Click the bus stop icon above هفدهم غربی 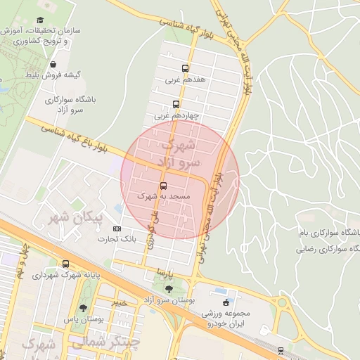[x=185, y=69]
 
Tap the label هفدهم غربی [x=185, y=81]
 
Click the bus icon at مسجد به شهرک [x=163, y=186]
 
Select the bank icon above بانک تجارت [x=117, y=229]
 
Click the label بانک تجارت [x=117, y=240]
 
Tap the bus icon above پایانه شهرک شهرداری [x=66, y=264]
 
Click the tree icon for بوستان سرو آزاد [x=169, y=288]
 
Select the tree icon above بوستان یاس [x=84, y=309]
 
